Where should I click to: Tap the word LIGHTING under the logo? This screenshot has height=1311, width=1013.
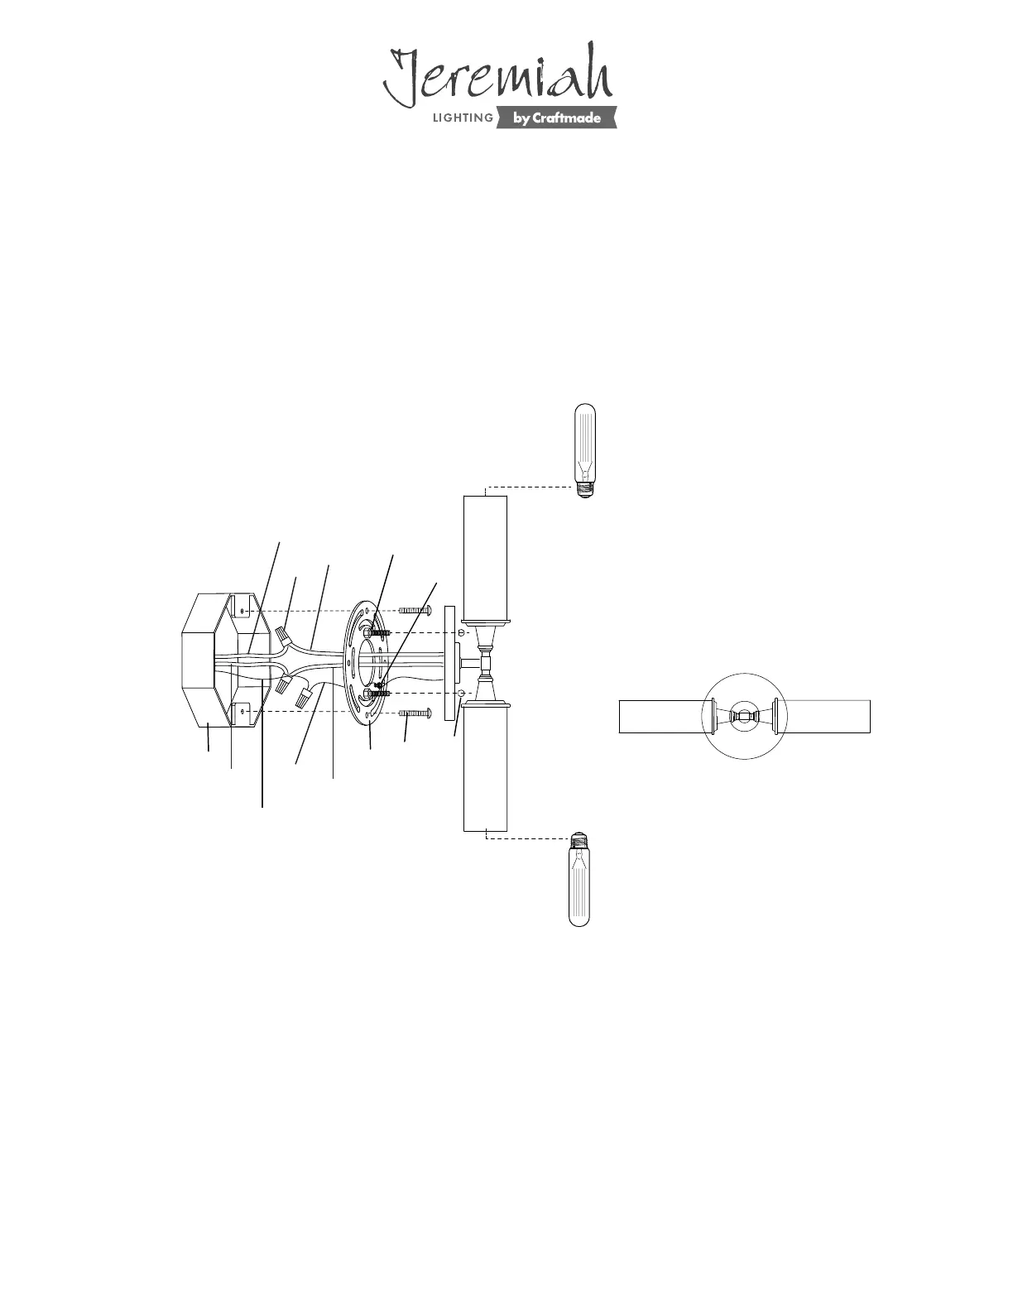coord(463,118)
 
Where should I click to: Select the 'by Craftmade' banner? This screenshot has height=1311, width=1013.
coord(556,118)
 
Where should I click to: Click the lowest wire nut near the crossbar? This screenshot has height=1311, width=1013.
coord(302,700)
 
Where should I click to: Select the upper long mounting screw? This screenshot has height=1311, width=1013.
coord(415,611)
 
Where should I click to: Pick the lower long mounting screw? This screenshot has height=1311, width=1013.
coord(415,713)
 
